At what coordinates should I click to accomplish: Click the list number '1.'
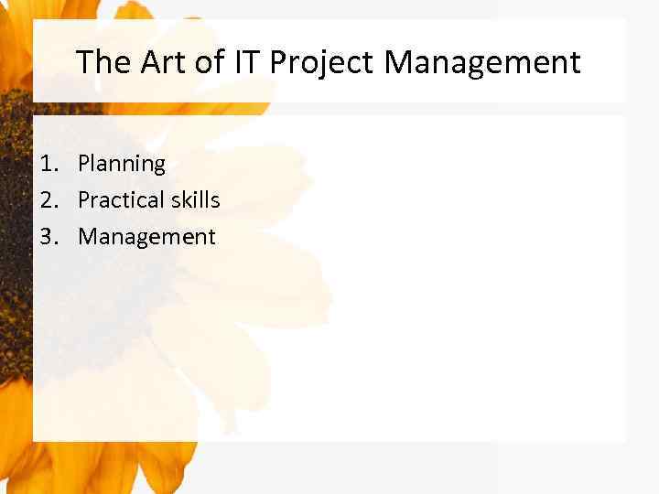coord(49,164)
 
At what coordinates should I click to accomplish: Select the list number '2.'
coord(49,200)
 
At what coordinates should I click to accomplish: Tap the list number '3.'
coord(49,237)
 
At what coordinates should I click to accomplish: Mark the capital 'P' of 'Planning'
coord(84,164)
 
